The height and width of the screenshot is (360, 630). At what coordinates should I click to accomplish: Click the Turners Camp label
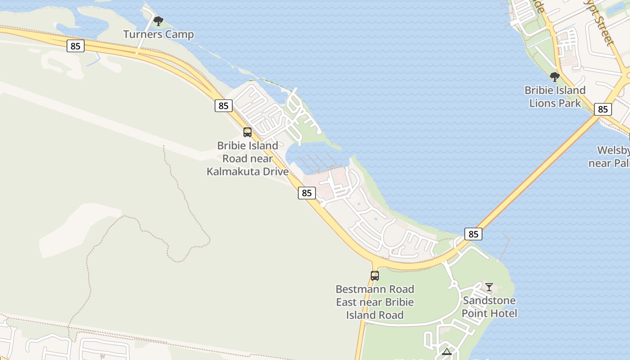[158, 35]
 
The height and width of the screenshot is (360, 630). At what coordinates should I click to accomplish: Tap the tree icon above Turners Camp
[158, 21]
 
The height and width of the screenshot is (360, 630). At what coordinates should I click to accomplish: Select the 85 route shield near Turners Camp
[76, 45]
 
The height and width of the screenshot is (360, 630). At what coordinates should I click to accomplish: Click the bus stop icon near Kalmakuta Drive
[247, 132]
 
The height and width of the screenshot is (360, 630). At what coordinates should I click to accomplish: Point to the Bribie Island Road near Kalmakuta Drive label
[247, 158]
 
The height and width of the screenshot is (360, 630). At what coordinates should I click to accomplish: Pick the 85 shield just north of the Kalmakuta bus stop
[223, 106]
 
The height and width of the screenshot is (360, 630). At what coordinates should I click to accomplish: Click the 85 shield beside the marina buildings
[306, 193]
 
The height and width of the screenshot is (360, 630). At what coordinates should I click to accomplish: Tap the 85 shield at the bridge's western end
[473, 234]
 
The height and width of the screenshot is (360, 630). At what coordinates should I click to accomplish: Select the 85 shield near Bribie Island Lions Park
[603, 109]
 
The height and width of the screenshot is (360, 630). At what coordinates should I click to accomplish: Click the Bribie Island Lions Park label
[555, 96]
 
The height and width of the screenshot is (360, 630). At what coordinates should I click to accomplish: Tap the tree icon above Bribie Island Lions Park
[555, 77]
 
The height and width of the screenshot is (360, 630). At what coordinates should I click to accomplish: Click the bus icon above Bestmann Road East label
[374, 275]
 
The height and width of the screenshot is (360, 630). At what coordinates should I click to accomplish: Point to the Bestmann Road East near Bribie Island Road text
[374, 302]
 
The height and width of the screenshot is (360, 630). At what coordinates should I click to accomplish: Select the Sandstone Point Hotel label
[489, 306]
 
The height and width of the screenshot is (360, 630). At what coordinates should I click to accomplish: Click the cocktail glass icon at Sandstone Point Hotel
[489, 287]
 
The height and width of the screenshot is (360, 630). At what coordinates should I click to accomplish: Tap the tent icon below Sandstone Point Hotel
[446, 351]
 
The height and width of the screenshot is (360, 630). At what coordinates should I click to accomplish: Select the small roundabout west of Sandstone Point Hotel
[453, 284]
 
